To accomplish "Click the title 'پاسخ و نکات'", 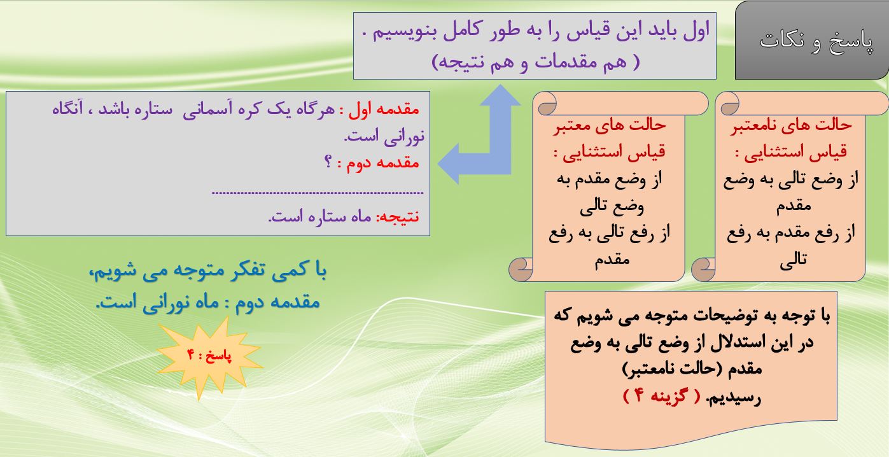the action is point(816,41).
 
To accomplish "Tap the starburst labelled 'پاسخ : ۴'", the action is point(209,357).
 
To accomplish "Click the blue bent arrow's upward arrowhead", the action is point(500,95).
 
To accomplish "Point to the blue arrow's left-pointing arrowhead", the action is point(449,163).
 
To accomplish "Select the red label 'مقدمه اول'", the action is point(384,109).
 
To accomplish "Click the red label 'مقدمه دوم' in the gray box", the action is point(382,163).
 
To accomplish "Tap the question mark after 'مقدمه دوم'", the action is point(328,162).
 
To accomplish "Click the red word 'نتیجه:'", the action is point(397,216).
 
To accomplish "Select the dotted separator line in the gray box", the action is point(318,193).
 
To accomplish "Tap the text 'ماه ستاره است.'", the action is point(320,216).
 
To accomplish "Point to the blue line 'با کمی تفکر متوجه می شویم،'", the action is point(208,272).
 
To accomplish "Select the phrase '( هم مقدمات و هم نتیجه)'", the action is point(536,62).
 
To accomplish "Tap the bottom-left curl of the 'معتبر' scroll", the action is point(521,269).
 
